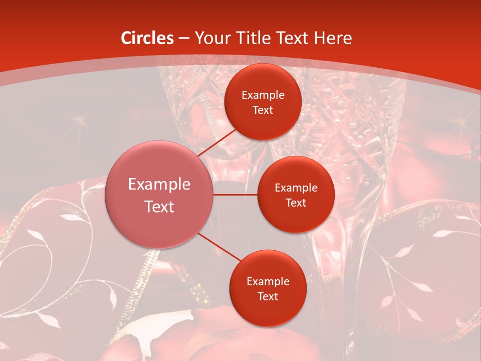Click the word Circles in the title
(x=147, y=38)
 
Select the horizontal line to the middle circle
(x=235, y=195)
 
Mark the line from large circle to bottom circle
(x=218, y=247)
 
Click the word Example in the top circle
(x=263, y=95)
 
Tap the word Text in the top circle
(x=263, y=110)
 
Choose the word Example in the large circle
(x=159, y=185)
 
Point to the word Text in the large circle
(x=159, y=207)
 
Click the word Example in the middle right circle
(x=296, y=188)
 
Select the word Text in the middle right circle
(x=296, y=203)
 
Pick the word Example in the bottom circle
(x=268, y=281)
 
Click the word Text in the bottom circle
(x=268, y=296)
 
